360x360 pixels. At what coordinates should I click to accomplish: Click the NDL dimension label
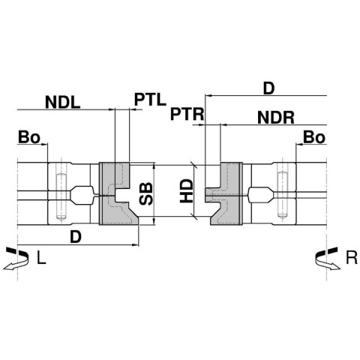[63, 102]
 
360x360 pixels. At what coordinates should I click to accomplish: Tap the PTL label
[150, 99]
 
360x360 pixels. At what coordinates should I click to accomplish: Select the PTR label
[187, 114]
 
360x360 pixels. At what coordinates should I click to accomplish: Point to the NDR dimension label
[276, 118]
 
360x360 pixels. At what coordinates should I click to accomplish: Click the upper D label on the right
[269, 88]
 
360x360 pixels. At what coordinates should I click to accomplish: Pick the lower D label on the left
[76, 237]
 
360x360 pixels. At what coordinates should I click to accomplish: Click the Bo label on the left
[29, 137]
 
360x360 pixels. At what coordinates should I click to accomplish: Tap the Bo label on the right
[314, 137]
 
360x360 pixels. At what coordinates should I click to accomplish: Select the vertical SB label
[145, 193]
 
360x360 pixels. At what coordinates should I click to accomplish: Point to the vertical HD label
[187, 190]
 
